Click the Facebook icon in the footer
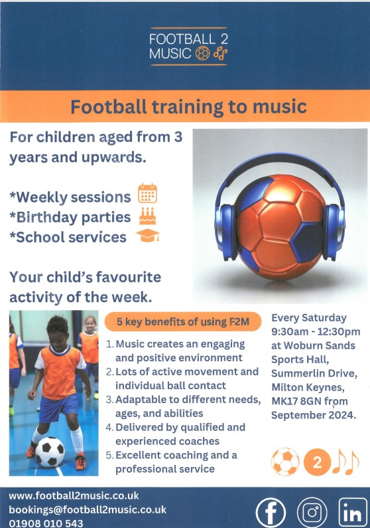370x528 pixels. (x=271, y=512)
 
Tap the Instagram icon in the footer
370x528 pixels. (x=312, y=512)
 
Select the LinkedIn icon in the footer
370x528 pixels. (x=353, y=513)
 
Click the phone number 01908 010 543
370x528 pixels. (x=46, y=523)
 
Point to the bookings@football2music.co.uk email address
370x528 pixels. (x=88, y=509)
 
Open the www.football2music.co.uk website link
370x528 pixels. (x=74, y=495)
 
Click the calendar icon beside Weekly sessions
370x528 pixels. (x=147, y=193)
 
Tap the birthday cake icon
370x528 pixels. (x=147, y=216)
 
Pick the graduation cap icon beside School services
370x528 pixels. (x=147, y=235)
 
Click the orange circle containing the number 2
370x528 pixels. (x=317, y=462)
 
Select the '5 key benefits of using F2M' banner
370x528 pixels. (x=183, y=321)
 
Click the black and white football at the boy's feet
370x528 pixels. (x=50, y=452)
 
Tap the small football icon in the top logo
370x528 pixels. (x=203, y=53)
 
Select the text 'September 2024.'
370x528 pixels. (x=314, y=415)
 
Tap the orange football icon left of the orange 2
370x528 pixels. (x=285, y=462)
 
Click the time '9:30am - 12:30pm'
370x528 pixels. (x=316, y=331)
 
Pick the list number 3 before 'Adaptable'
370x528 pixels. (x=109, y=400)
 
